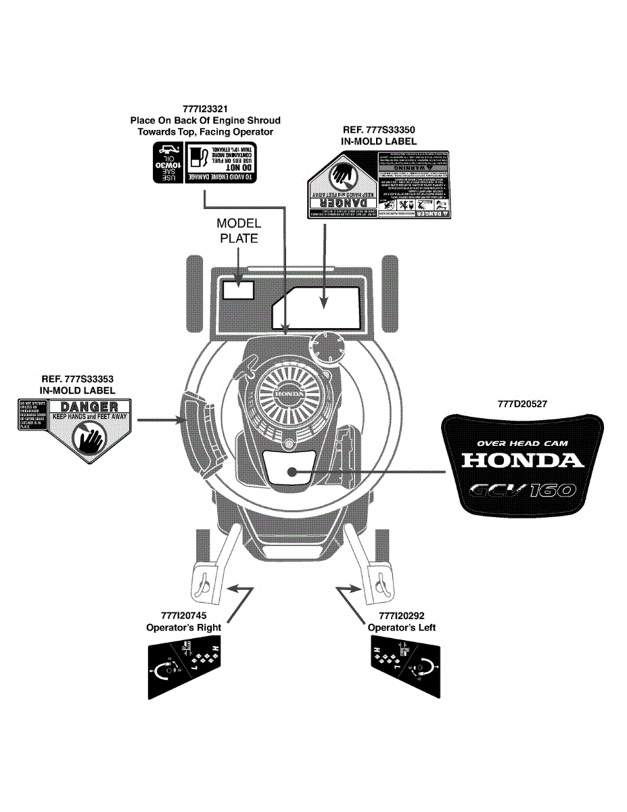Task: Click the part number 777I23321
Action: coord(205,109)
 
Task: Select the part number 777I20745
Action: coord(183,616)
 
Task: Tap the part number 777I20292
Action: coord(402,616)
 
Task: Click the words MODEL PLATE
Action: coord(239,230)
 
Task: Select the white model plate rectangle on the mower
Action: coord(238,289)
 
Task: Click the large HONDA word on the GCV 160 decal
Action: coord(522,461)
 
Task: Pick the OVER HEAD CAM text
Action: coord(522,443)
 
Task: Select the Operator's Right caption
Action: coord(183,627)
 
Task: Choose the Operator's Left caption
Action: coord(402,627)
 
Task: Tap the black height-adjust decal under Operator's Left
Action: coord(406,670)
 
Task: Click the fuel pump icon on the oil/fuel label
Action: coord(197,158)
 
